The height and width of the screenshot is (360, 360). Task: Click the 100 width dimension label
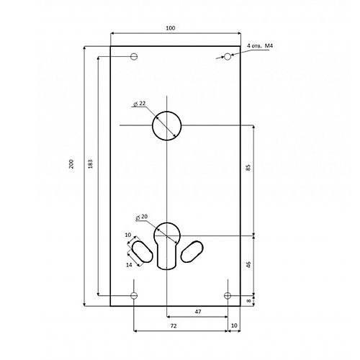tap(171, 28)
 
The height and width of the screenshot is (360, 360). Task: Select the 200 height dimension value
tap(71, 164)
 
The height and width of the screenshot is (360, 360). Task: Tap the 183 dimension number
tap(90, 164)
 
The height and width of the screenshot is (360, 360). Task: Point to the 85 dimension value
tap(248, 168)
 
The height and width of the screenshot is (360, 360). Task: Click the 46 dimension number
tap(248, 265)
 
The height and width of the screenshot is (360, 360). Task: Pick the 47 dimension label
tap(198, 312)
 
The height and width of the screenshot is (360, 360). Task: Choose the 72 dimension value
tap(174, 325)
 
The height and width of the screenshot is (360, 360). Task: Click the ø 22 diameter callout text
tap(140, 104)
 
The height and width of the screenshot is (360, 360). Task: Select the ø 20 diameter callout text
tap(142, 217)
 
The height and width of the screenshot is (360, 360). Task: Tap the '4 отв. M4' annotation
tap(260, 45)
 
